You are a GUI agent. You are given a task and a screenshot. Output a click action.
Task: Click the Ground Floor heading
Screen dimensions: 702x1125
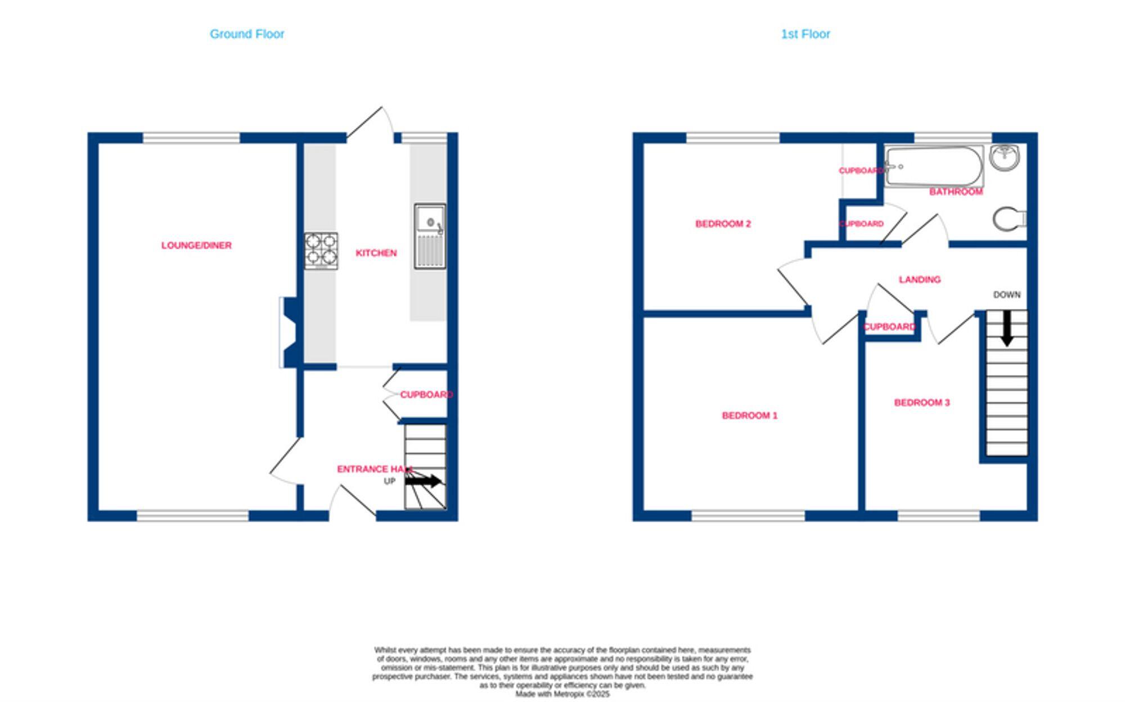247,34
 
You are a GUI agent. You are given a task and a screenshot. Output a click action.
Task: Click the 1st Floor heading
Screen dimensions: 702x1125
805,34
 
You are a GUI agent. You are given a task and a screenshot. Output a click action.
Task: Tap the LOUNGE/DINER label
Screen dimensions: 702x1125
196,245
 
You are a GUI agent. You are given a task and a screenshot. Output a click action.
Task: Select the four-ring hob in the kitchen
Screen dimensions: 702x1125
321,250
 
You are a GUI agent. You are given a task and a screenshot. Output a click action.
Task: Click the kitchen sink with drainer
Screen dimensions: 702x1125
430,236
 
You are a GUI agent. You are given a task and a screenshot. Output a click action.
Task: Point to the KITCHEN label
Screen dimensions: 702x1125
376,253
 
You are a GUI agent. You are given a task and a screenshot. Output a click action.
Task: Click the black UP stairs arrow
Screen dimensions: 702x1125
423,481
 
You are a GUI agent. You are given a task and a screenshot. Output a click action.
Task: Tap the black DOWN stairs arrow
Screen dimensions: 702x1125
1007,328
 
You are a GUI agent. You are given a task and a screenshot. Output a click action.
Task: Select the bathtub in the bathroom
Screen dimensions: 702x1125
934,166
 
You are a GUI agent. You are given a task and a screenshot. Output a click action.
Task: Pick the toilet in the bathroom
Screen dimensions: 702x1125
1009,218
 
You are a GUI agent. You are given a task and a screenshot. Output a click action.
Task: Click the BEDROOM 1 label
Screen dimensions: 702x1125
750,416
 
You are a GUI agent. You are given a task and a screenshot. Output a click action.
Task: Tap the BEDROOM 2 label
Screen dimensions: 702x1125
723,224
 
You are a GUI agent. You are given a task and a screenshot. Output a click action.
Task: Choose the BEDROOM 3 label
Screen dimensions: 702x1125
922,403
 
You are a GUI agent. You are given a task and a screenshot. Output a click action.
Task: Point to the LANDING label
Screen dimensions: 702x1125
920,280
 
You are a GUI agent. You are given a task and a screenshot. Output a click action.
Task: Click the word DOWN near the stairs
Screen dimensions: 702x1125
1006,295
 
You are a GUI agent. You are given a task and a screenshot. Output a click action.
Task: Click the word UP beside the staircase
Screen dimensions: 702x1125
390,481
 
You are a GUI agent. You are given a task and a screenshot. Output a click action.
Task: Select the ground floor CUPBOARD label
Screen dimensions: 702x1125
426,395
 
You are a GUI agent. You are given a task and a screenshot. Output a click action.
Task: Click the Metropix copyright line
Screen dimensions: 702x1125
562,694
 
